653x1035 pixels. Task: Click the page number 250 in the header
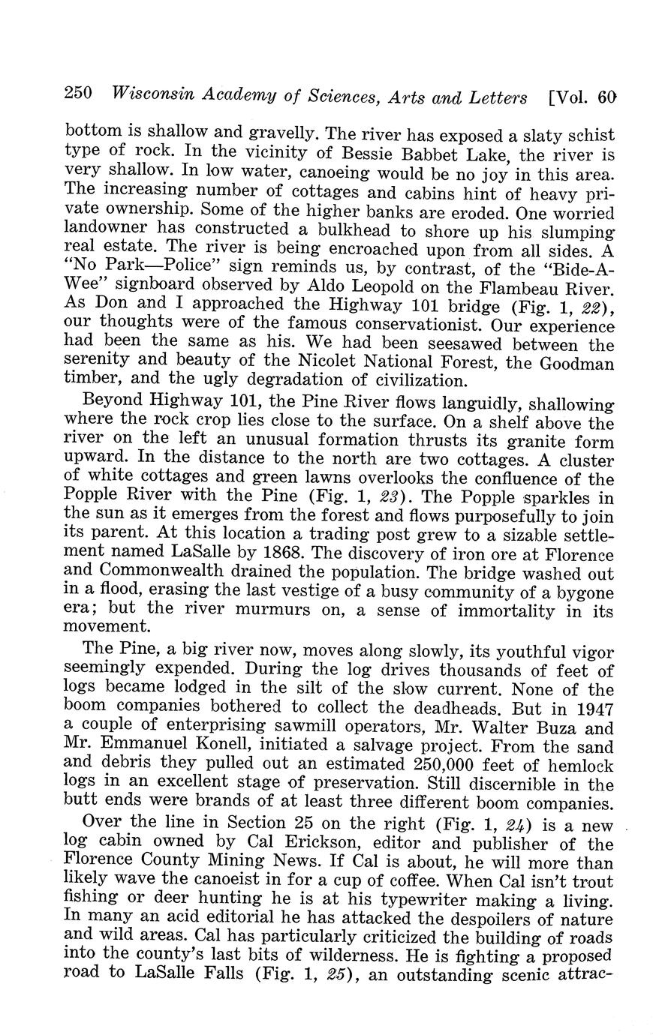click(x=78, y=94)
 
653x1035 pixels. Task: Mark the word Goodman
click(x=578, y=363)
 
